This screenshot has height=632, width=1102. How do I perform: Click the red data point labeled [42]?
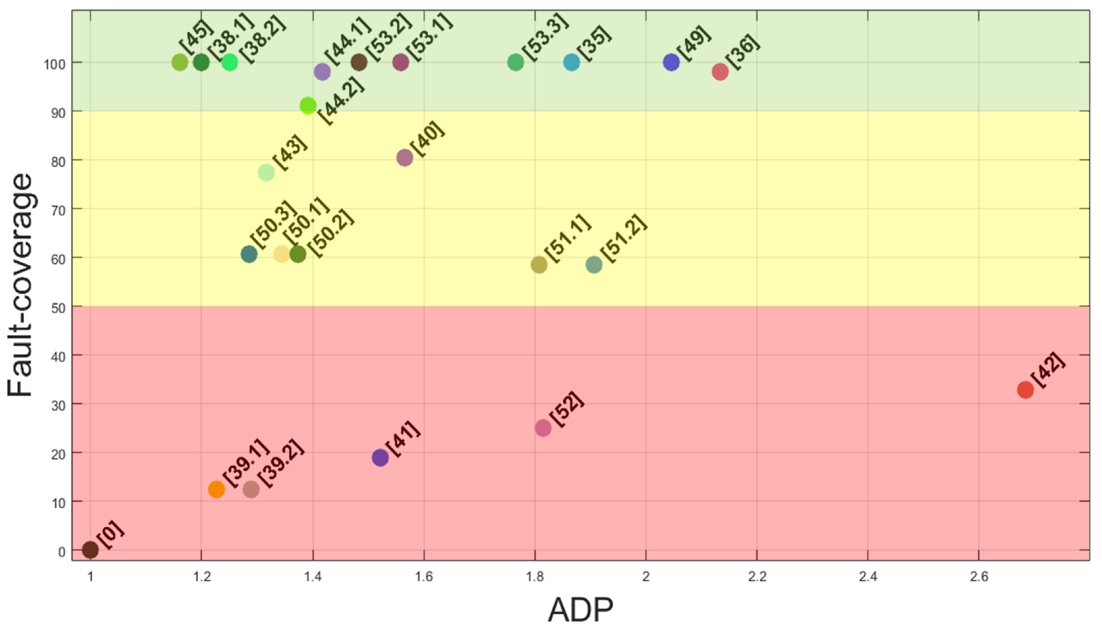tap(1025, 390)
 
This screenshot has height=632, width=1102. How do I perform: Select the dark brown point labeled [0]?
tap(90, 550)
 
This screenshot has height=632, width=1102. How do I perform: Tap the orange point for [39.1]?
tap(216, 489)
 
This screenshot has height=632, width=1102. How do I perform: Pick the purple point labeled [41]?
tap(380, 457)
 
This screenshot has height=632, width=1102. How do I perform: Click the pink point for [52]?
tap(543, 428)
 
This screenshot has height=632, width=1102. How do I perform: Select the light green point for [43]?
tap(266, 172)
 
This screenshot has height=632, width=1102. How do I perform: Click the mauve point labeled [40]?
tap(404, 158)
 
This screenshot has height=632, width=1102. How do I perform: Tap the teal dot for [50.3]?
tap(249, 254)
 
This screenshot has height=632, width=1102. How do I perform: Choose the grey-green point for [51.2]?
tap(594, 264)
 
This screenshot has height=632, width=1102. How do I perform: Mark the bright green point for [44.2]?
tap(308, 106)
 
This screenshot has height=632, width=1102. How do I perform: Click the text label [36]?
tap(744, 51)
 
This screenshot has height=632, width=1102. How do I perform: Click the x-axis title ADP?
tap(580, 610)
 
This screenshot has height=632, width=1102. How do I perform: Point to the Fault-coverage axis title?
tap(20, 285)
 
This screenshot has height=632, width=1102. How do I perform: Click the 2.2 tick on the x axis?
tap(757, 576)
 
